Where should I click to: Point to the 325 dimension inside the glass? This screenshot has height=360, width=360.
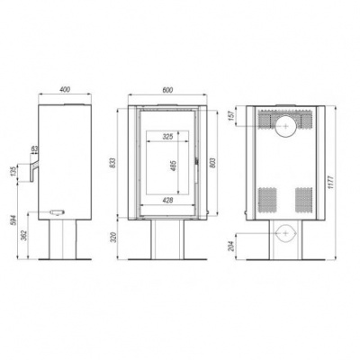pyautogui.click(x=166, y=137)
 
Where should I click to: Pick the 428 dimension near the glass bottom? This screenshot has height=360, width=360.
pyautogui.click(x=166, y=201)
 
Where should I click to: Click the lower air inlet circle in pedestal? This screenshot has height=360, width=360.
pyautogui.click(x=286, y=234)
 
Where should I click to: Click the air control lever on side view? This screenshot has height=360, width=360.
pyautogui.click(x=57, y=211)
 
